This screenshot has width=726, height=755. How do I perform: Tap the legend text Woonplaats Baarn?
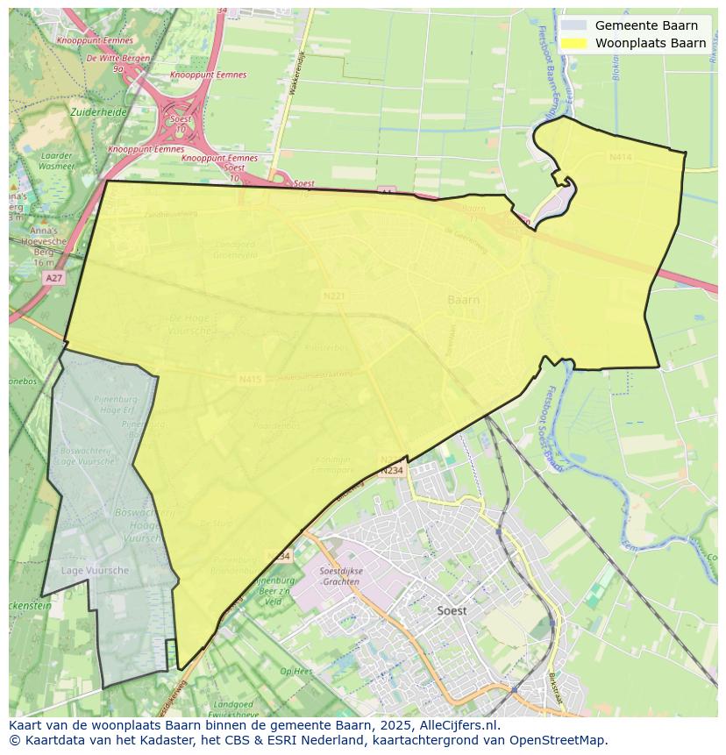coord(651,43)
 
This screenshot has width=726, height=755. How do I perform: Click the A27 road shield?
coord(53,277)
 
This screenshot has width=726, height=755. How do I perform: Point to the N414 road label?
coord(620,157)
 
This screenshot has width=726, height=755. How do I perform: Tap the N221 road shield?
coord(334,296)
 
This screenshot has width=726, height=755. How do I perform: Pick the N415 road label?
coord(250,380)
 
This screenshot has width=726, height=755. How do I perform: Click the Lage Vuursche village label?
coord(95,570)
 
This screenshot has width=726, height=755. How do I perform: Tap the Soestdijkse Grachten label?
coord(339,576)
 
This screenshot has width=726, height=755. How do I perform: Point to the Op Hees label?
coord(295,671)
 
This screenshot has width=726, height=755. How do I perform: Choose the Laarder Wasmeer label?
coord(56,160)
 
